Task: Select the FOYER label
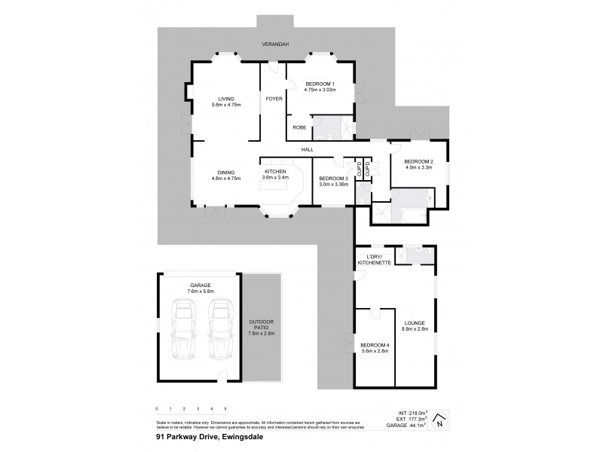(273, 99)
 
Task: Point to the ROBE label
(298, 128)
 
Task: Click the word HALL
(308, 149)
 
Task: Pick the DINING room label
(225, 175)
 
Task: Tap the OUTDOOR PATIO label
(262, 327)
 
